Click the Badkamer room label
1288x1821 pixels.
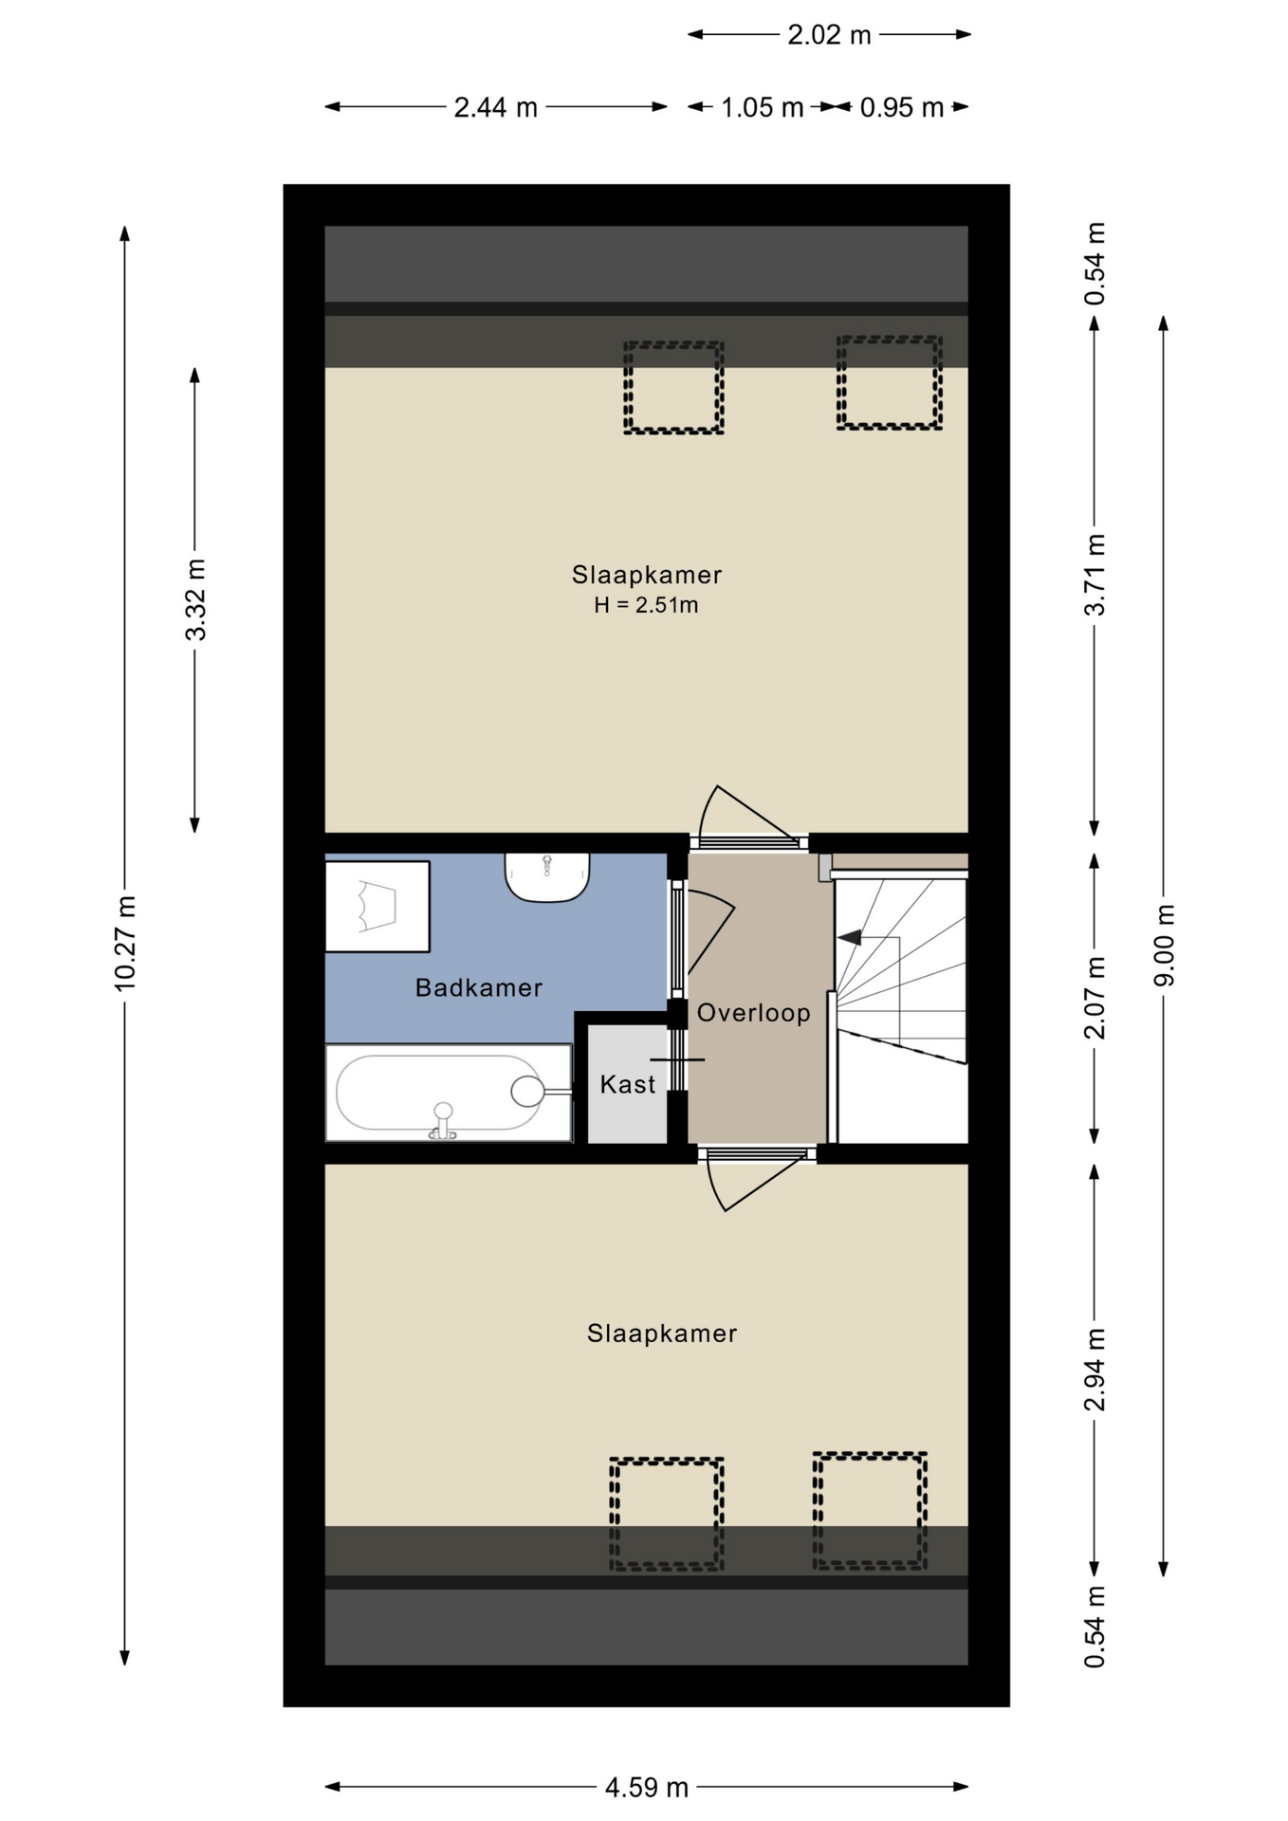click(x=479, y=987)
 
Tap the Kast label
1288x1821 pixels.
click(x=628, y=1084)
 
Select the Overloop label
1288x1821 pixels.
click(x=754, y=1013)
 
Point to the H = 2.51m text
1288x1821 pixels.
click(x=646, y=605)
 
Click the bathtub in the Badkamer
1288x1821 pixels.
click(x=449, y=1093)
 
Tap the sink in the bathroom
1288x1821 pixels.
click(x=547, y=876)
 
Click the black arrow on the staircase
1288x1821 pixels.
click(x=850, y=937)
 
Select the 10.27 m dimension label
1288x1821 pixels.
click(x=125, y=943)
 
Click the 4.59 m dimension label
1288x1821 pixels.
click(x=647, y=1787)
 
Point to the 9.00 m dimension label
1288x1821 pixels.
click(x=1164, y=945)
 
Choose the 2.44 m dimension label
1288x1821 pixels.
click(x=495, y=107)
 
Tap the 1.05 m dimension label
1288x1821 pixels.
click(x=762, y=107)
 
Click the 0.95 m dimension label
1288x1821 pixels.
click(x=901, y=107)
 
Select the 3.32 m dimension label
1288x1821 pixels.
click(x=195, y=600)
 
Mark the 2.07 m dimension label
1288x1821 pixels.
click(x=1095, y=998)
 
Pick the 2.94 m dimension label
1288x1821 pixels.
click(x=1095, y=1370)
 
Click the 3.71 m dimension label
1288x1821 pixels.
click(x=1095, y=575)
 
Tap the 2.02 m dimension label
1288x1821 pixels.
click(x=829, y=35)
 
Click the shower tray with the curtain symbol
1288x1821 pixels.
click(x=377, y=907)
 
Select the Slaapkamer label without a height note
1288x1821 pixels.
click(x=662, y=1334)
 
